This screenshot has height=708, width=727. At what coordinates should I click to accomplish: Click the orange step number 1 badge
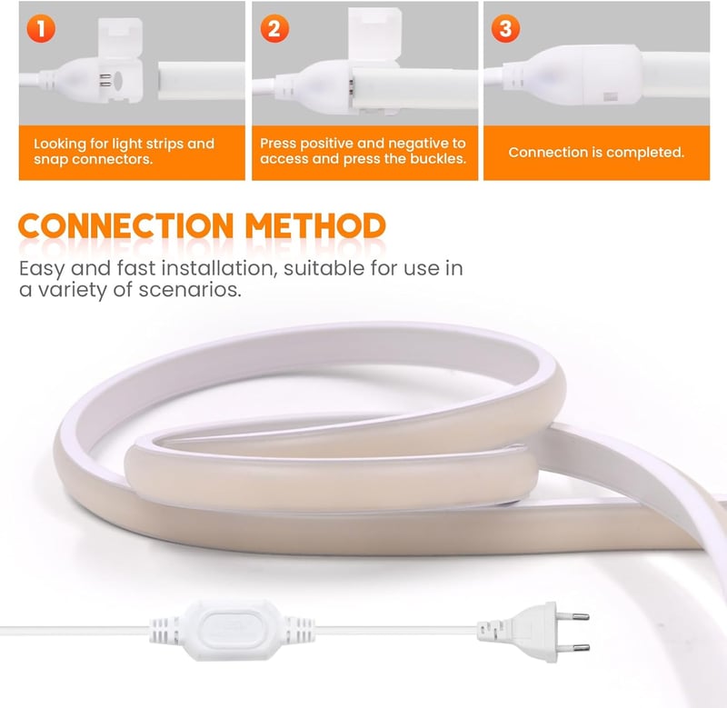coord(41,29)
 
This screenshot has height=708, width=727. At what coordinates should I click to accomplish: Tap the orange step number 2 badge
coord(274,29)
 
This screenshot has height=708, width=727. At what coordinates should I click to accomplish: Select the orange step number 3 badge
coord(505,29)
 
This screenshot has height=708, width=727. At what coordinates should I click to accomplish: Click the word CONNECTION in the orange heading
coord(125,226)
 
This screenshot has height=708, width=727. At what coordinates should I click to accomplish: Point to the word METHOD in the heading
coord(315,226)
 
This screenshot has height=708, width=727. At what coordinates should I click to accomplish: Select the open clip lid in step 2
coord(374,36)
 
